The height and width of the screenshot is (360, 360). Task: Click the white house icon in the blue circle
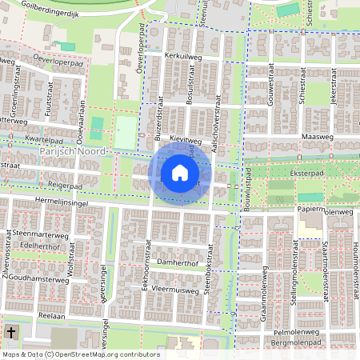click(180, 173)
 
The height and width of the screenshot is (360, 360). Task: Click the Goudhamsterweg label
click(38, 281)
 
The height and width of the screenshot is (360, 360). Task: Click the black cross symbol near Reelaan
click(11, 331)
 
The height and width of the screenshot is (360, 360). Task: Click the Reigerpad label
click(66, 184)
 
